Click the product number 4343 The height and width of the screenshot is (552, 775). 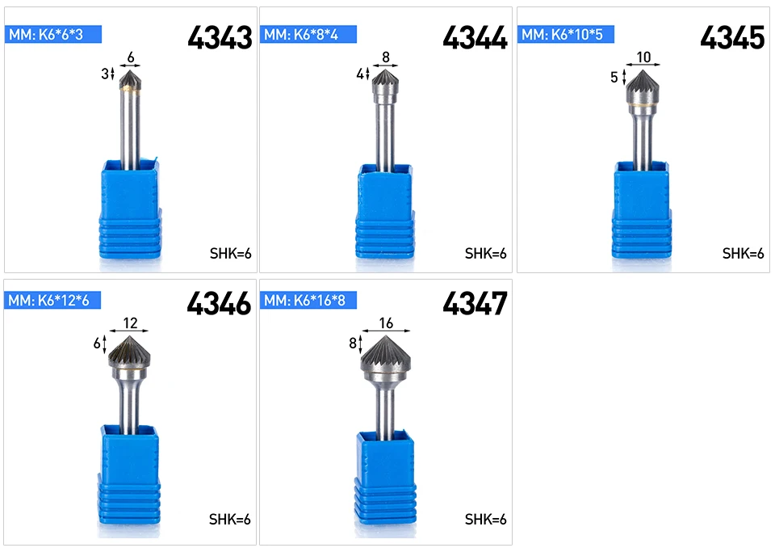tap(220, 38)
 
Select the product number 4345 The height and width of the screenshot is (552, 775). tap(732, 38)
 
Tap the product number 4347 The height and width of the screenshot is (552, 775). tap(475, 303)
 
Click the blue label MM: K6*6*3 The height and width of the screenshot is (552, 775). tap(53, 34)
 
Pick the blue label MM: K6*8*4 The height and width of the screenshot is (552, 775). tap(308, 34)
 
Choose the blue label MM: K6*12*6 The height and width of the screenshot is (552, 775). tap(52, 300)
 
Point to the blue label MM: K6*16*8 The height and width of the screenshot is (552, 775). tap(308, 300)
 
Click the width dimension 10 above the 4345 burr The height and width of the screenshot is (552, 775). tap(643, 57)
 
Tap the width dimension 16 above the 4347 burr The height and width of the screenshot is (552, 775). tap(386, 323)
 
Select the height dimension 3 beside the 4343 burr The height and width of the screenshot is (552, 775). tap(105, 74)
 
